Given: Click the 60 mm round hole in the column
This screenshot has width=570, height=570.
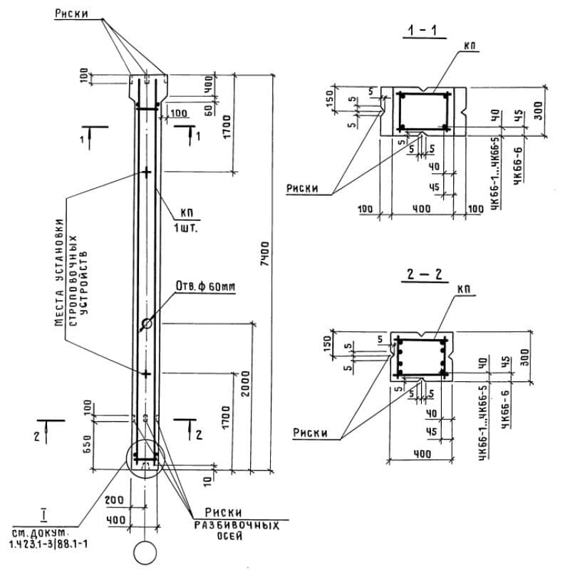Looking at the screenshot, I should [147, 323].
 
